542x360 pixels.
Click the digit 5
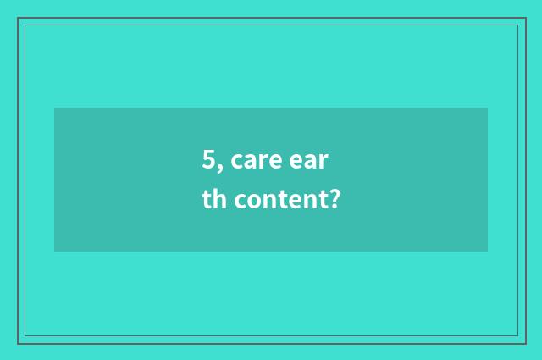(x=207, y=158)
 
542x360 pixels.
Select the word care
(x=256, y=159)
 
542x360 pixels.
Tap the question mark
(x=335, y=200)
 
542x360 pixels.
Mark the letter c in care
(x=235, y=160)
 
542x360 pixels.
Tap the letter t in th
(x=207, y=201)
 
